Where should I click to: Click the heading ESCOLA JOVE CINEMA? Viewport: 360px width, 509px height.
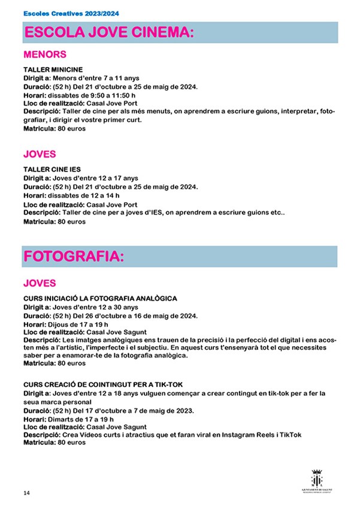[109, 32]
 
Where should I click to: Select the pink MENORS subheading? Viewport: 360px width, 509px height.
[44, 54]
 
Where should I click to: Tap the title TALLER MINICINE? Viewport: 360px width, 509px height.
[53, 70]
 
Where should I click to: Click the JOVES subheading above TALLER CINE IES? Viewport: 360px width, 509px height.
[40, 154]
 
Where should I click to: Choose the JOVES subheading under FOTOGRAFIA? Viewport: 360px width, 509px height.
[40, 283]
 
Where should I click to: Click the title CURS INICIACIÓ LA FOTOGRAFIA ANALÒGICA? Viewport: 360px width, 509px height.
[100, 299]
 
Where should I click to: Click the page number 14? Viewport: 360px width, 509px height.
[26, 493]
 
